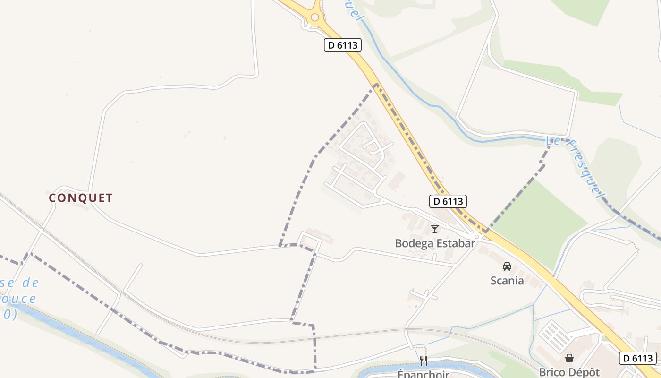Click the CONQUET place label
81,198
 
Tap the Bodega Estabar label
435,243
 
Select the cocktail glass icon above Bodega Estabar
435,229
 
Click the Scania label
507,280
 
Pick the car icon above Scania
507,266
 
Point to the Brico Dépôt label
569,372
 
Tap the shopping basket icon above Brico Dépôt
569,358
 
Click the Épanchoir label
423,374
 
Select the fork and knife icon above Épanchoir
424,361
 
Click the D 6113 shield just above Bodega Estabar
448,201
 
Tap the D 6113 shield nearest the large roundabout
343,45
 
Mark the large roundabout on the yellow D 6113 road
315,17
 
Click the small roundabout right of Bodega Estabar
477,236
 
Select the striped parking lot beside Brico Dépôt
555,336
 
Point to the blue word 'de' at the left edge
30,283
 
